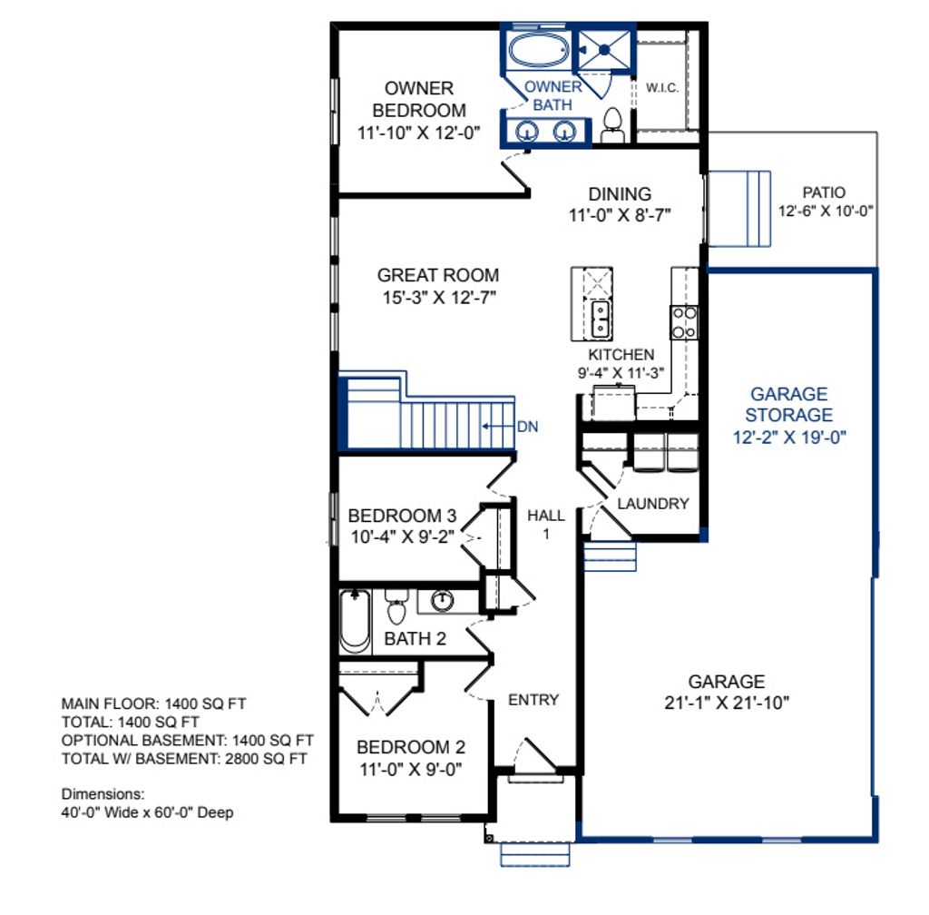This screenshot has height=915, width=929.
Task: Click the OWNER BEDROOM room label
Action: point(418,100)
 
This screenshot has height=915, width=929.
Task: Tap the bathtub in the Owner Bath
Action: point(537,51)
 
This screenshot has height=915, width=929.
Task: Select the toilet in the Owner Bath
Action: point(611,125)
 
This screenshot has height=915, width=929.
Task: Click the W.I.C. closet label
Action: point(662,88)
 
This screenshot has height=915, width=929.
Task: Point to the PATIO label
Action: point(824,192)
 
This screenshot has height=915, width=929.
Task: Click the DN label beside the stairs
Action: point(527,425)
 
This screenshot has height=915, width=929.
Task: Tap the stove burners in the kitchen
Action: point(684,320)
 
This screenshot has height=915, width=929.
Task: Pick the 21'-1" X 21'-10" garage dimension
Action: point(726,702)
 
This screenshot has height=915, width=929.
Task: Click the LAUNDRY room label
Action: point(652,504)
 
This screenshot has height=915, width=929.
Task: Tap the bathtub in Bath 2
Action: point(355,622)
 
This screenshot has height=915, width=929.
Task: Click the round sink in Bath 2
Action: point(443,600)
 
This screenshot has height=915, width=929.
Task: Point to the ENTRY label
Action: point(533,700)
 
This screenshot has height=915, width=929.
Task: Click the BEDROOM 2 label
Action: point(410,748)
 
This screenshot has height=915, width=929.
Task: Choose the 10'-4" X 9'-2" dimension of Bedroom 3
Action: point(403,536)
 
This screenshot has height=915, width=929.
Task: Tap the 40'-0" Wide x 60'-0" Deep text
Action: point(147,812)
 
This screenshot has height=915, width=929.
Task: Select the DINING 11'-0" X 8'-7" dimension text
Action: point(620,215)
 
